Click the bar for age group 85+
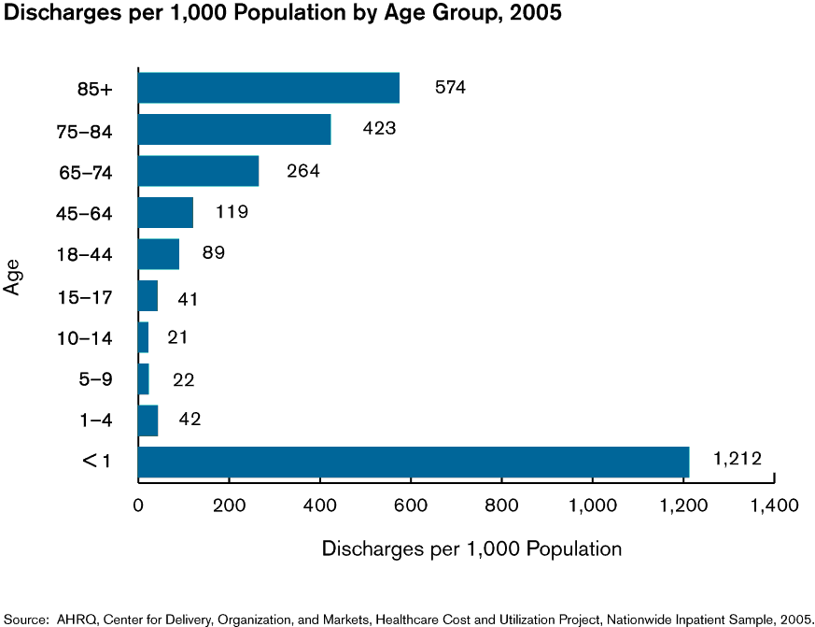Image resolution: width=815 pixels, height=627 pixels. (269, 88)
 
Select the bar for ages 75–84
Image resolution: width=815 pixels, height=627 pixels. (234, 129)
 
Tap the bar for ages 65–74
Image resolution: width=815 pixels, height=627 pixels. (198, 171)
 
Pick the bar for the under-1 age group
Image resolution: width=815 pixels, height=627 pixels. (414, 462)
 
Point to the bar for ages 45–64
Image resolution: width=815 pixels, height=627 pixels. (165, 212)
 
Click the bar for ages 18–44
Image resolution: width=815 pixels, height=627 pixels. (159, 254)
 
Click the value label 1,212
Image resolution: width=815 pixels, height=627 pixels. (738, 459)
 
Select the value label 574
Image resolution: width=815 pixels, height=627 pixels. (450, 88)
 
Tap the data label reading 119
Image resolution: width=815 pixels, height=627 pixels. (232, 211)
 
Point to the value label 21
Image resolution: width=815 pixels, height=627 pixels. (178, 336)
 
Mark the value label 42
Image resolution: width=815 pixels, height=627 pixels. (189, 420)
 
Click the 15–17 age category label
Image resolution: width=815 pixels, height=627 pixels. (85, 297)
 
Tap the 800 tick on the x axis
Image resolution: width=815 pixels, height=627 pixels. (501, 506)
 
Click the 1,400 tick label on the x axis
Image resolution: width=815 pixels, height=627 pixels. (774, 506)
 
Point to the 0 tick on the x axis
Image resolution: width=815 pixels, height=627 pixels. (138, 506)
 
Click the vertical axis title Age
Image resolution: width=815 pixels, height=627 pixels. (13, 277)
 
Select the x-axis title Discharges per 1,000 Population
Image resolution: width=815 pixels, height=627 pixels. (471, 549)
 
